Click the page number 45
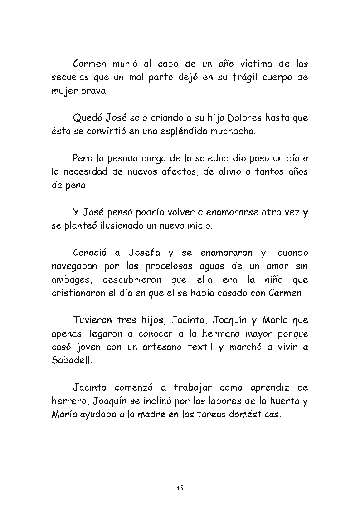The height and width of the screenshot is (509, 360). pyautogui.click(x=180, y=488)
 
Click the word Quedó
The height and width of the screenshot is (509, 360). pyautogui.click(x=88, y=118)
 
